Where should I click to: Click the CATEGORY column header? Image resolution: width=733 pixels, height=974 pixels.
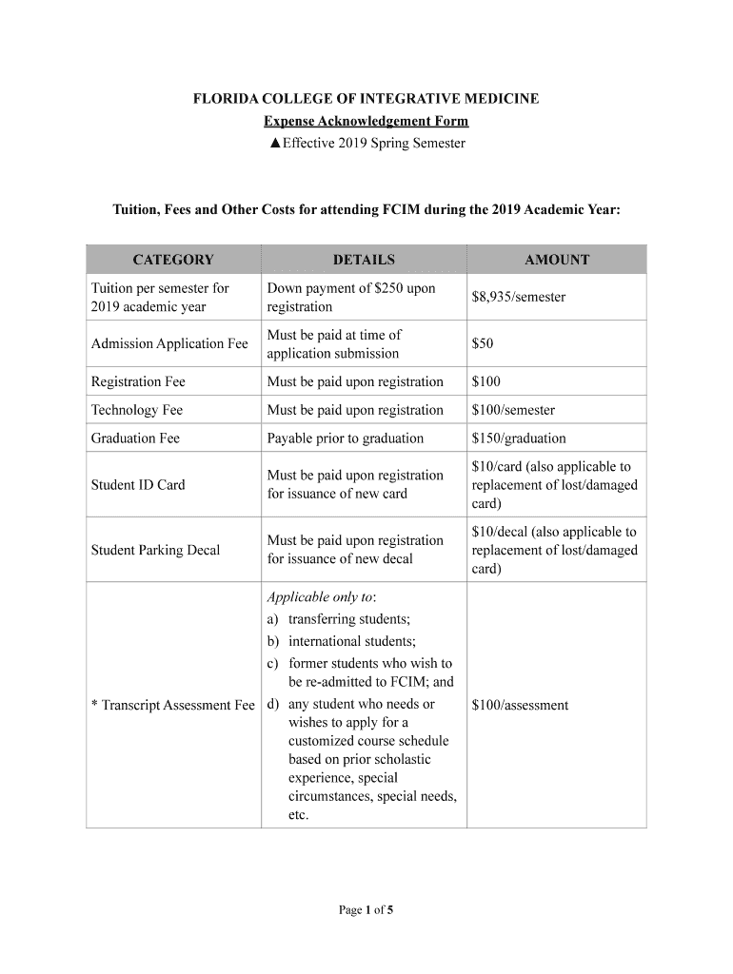pos(173,260)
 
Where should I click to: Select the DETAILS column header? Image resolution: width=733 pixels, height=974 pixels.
pos(364,260)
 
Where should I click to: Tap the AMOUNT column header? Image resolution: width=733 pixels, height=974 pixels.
pos(557,260)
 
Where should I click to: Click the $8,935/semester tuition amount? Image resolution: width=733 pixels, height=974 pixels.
pos(519,297)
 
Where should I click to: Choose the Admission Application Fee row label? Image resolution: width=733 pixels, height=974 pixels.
pos(169,343)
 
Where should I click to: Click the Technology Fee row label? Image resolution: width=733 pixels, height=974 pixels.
pos(137,410)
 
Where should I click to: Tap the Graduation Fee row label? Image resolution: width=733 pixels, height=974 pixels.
pos(135,438)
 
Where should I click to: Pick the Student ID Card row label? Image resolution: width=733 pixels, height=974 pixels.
pos(138,485)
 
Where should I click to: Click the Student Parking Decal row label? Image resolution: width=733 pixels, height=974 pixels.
pos(155,550)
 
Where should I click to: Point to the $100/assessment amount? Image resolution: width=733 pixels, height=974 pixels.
pos(520,705)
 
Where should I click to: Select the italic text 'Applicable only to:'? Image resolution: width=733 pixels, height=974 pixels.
pos(322,597)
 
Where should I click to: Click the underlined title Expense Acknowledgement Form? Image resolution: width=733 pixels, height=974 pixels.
pos(366,122)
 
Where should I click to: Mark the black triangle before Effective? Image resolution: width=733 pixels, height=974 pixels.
pos(274,144)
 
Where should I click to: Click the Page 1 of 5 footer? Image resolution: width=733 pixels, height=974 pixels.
pos(366,910)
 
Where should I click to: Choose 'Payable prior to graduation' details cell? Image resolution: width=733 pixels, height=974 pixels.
pos(346,438)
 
